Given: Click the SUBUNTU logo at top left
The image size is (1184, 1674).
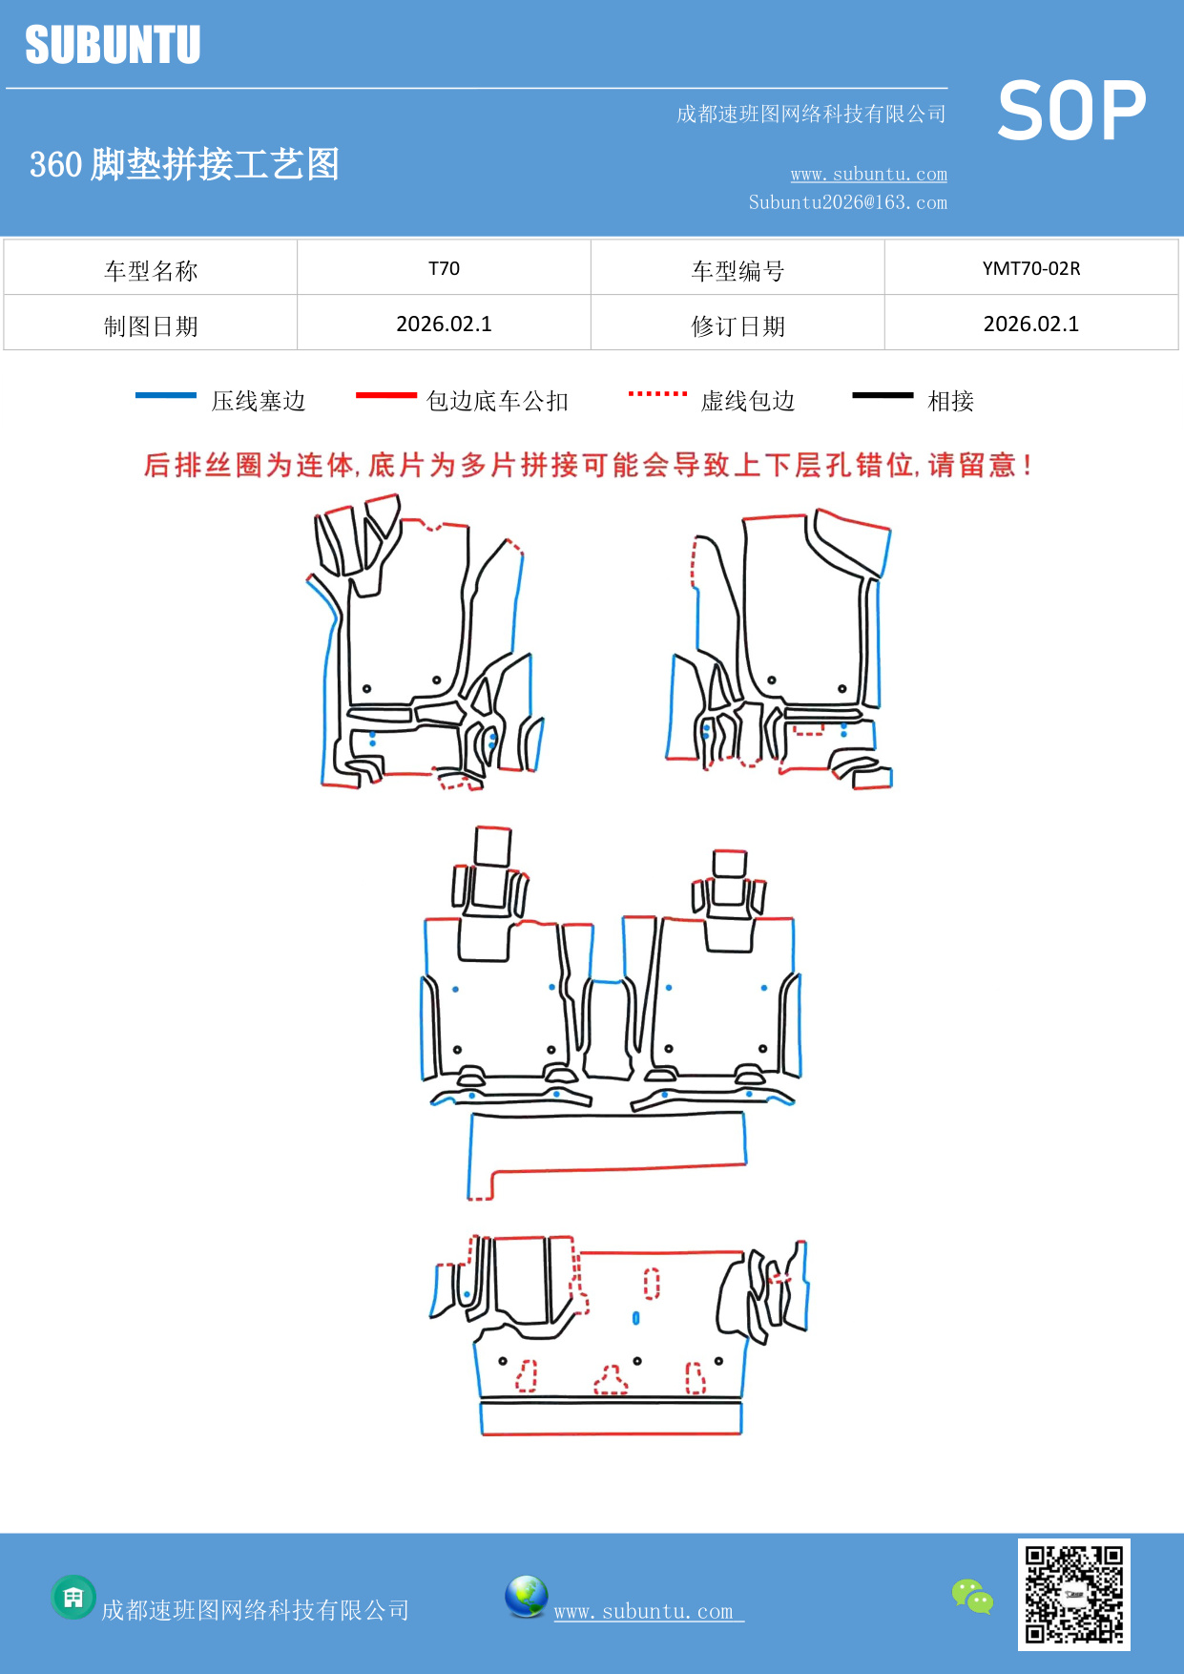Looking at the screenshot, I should tap(113, 45).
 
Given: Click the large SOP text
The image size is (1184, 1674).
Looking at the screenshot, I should tap(1071, 112).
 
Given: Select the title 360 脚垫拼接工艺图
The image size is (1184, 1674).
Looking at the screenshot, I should tap(184, 164).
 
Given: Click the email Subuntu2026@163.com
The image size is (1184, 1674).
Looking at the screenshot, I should tap(847, 202).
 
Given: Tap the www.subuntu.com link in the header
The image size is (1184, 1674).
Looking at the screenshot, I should tap(868, 174).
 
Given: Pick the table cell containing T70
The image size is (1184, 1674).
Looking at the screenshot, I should tap(444, 268).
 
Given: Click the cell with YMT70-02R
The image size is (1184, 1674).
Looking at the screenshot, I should tap(1030, 268).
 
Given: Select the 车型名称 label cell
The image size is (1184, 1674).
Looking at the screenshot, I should tap(151, 271).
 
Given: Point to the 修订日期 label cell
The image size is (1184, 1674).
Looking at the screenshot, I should tap(737, 326).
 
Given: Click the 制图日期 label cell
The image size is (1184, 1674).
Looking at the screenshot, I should tap(151, 326).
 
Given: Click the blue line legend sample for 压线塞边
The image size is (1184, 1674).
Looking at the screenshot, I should tap(166, 395).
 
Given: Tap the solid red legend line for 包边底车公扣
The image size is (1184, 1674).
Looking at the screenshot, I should tap(385, 395).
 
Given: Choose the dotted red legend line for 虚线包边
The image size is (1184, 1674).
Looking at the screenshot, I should tap(657, 393).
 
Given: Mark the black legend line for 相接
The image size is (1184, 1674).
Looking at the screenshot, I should tap(883, 395).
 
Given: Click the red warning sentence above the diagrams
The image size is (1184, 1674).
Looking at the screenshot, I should tap(588, 466).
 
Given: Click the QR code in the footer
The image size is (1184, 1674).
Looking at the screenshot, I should tap(1073, 1594).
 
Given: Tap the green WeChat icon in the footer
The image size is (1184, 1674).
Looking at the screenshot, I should tap(972, 1596).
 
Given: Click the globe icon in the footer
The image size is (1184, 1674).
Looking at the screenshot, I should tap(526, 1596).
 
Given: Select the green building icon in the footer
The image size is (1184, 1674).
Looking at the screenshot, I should tap(73, 1597).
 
